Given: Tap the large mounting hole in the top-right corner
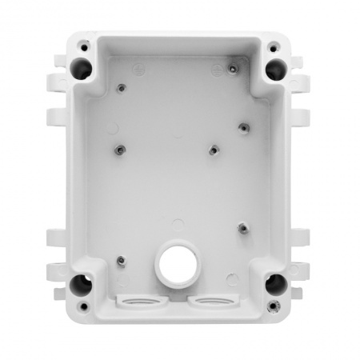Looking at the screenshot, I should [275, 65].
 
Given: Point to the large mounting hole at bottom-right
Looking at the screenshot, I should [275, 282].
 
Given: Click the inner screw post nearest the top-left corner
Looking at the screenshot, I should [122, 90].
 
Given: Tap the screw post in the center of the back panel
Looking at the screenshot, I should [213, 149].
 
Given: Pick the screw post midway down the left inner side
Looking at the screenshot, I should [118, 149].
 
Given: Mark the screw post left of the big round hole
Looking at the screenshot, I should [121, 259].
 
